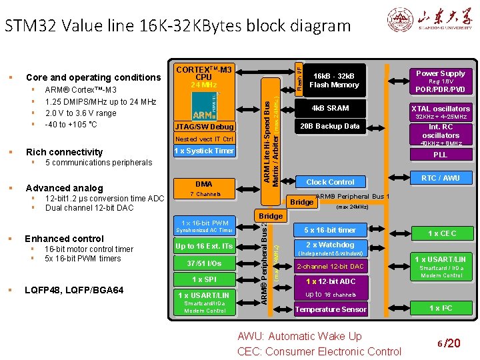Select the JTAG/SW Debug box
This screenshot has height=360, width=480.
204,127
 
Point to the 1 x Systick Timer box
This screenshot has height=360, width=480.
204,151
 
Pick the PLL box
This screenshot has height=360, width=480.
441,155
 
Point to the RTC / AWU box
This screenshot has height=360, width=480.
441,177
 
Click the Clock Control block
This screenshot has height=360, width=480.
330,182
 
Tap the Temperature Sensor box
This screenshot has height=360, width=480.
330,309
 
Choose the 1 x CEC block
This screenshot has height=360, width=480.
441,233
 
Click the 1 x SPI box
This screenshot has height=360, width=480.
204,279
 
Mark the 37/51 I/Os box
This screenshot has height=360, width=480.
204,263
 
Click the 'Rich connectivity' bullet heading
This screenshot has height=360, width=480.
64,152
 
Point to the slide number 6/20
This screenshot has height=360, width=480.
449,343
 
